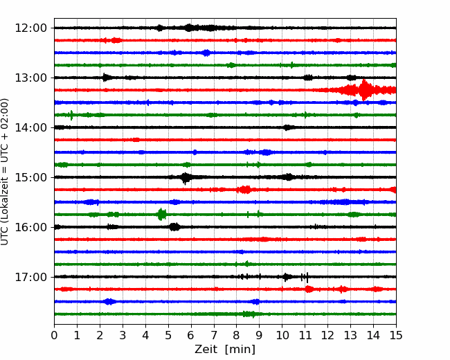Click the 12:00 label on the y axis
point(30,28)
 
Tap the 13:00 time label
point(30,78)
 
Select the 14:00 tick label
point(30,127)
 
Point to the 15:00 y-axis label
point(30,177)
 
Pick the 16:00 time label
point(30,227)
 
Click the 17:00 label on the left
point(30,277)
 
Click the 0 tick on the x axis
point(54,335)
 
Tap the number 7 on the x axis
point(214,335)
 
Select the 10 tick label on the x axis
point(282,335)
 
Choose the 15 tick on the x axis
point(396,335)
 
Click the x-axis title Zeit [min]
point(225,350)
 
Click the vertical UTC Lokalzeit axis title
point(4,172)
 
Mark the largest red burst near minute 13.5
point(364,90)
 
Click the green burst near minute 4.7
point(162,215)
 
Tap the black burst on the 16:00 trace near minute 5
point(174,227)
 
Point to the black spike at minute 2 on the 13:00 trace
point(105,78)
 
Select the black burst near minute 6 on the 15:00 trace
point(186,178)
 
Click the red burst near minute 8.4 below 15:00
point(245,190)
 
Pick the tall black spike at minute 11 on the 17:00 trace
point(307,278)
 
